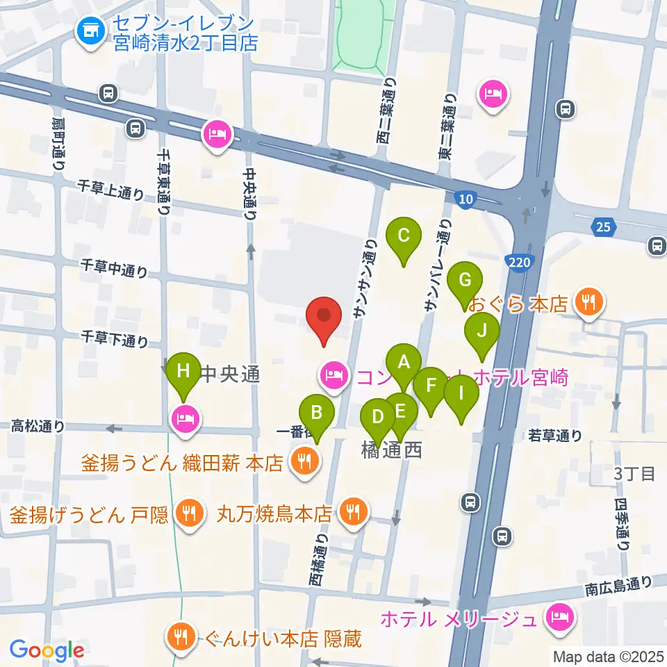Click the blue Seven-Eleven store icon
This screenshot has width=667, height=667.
pos(88,31)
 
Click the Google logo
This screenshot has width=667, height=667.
pos(47,650)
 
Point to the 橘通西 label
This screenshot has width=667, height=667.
pos(392,451)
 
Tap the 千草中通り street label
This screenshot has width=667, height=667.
pos(114,267)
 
